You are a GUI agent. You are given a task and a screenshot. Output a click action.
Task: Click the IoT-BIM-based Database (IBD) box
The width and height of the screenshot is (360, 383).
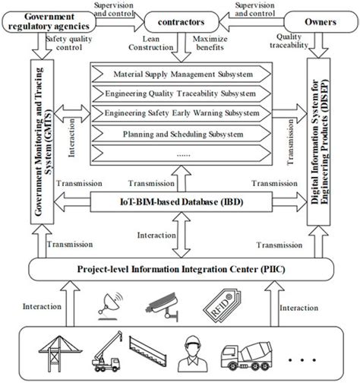tap(179, 202)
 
